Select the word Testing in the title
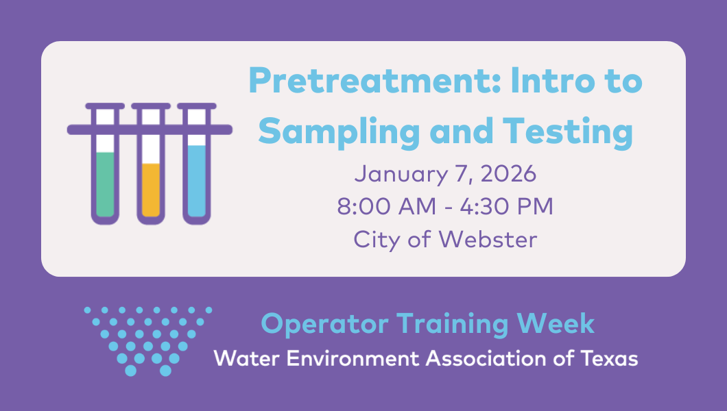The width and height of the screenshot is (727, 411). (x=568, y=132)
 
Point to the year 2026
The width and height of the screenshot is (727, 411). (x=509, y=174)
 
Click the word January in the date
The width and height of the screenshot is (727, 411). (x=401, y=175)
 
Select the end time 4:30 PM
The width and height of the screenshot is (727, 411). (x=507, y=206)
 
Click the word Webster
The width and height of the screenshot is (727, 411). (x=488, y=240)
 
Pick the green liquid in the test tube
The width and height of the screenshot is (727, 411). (x=105, y=184)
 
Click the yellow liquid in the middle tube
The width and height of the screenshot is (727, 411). (x=151, y=190)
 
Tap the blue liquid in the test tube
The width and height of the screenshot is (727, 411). (x=197, y=181)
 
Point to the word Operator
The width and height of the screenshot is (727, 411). (x=324, y=325)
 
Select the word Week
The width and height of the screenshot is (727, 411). (x=556, y=323)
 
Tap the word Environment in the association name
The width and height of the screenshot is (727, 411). (x=354, y=359)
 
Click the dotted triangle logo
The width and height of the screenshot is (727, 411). (x=148, y=341)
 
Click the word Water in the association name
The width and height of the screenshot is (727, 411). (x=247, y=359)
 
